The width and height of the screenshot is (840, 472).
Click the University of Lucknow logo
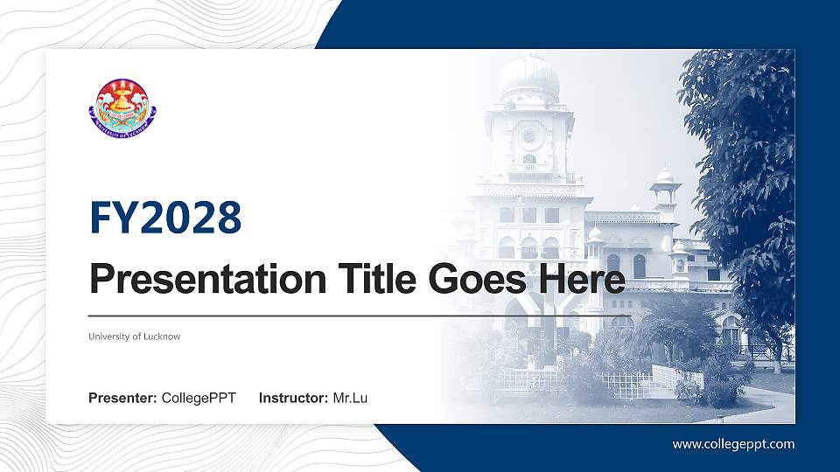pyautogui.click(x=122, y=107)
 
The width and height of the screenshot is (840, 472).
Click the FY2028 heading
pyautogui.click(x=165, y=218)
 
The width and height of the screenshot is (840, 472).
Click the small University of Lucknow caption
pyautogui.click(x=134, y=337)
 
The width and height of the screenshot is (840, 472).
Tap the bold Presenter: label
pyautogui.click(x=122, y=399)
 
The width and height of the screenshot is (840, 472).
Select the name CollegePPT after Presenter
pyautogui.click(x=199, y=399)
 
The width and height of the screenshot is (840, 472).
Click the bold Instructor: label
pyautogui.click(x=294, y=399)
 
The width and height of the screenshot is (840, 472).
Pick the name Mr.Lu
pyautogui.click(x=350, y=399)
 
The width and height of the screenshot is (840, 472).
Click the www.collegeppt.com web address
pyautogui.click(x=733, y=444)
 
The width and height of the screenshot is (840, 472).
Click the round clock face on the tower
pyautogui.click(x=528, y=136)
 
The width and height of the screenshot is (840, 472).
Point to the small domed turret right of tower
pyautogui.click(x=665, y=179)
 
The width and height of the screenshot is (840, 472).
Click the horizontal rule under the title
pyautogui.click(x=359, y=316)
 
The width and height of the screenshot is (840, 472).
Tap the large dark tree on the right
pyautogui.click(x=744, y=175)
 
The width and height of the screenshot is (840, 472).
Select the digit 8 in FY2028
pyautogui.click(x=228, y=218)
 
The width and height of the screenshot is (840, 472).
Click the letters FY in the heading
pyautogui.click(x=108, y=218)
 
